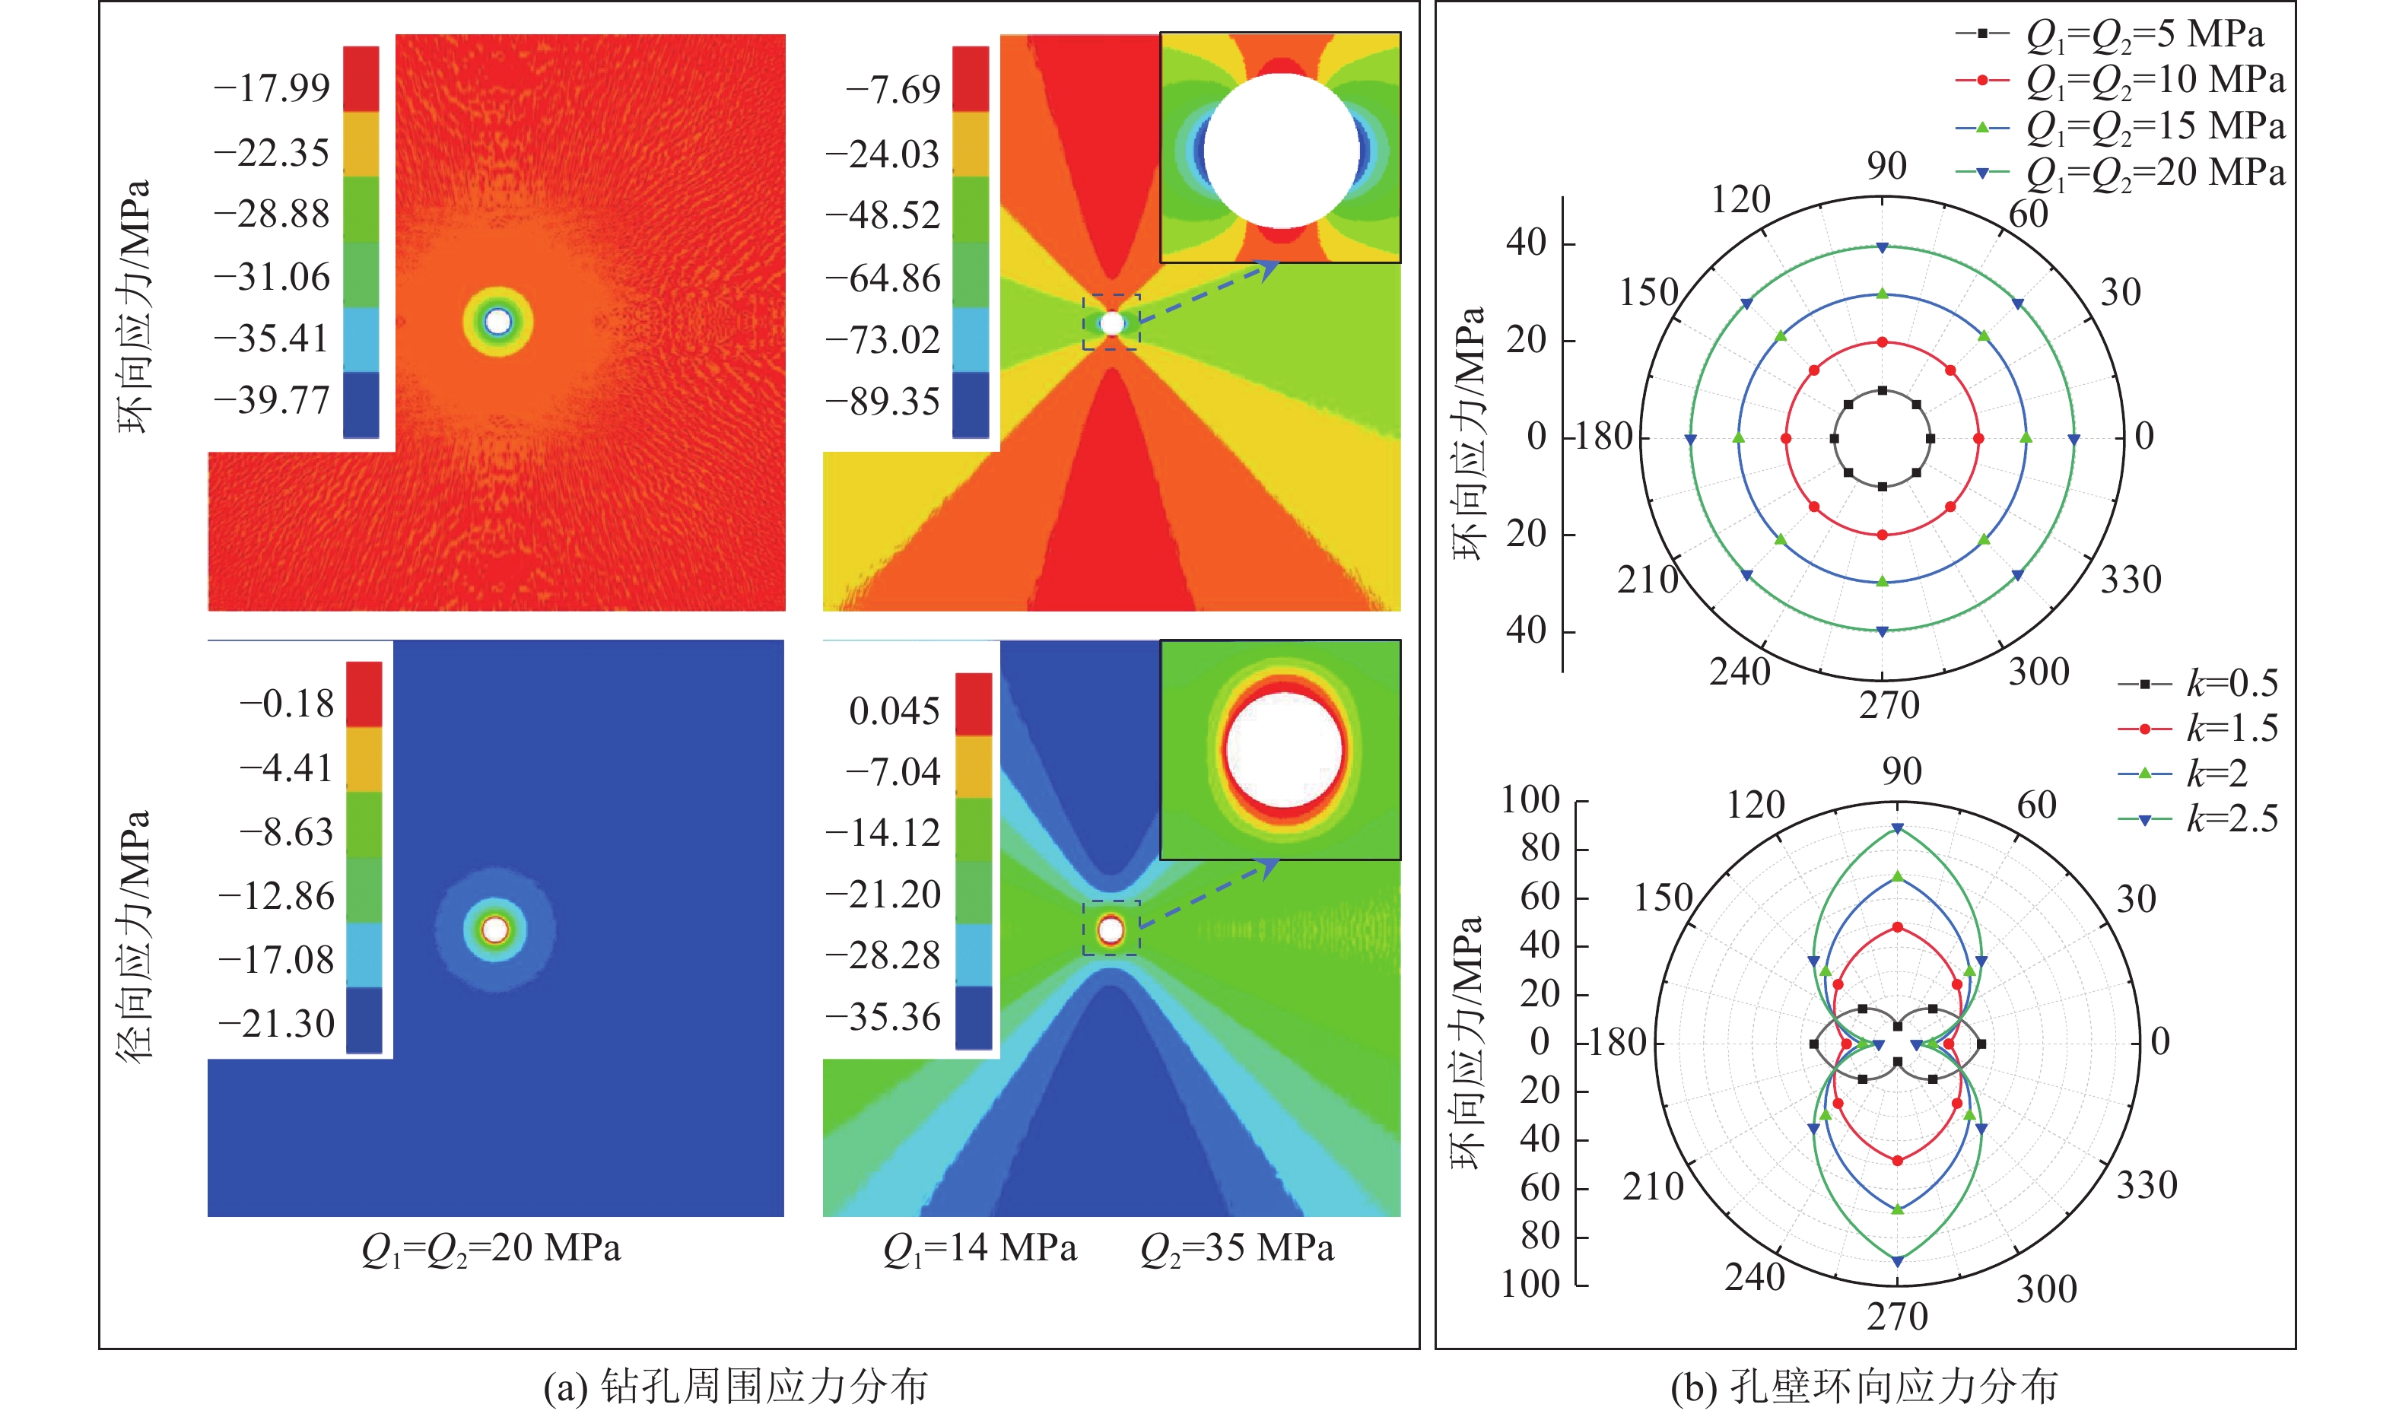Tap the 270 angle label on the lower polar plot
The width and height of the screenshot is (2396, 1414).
point(1897,1317)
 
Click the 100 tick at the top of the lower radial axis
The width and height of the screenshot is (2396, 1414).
point(1530,800)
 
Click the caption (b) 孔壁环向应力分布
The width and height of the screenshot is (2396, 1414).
point(1864,1387)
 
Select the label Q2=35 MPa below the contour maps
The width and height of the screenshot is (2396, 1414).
point(1237,1248)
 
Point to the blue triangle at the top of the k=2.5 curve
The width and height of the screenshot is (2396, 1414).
point(1898,829)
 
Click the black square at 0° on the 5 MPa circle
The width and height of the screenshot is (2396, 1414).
point(1930,438)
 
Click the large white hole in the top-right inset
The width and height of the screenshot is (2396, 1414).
point(1282,151)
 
